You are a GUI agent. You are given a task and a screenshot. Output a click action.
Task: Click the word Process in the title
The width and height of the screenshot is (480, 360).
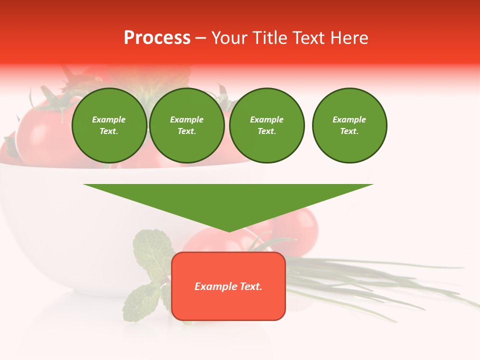[157, 38]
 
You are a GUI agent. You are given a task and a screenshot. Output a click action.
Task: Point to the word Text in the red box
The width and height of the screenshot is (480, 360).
[251, 286]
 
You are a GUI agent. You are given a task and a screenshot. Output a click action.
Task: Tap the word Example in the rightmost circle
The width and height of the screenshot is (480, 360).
[349, 119]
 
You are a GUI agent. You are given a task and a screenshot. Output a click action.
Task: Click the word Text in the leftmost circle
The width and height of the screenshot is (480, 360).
[109, 131]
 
